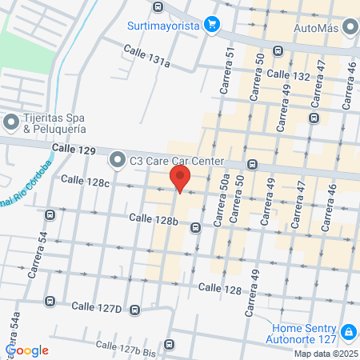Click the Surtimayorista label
tap(162, 24)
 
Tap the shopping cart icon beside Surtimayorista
tap(212, 24)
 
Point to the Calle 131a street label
tap(146, 56)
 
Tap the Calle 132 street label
tap(289, 74)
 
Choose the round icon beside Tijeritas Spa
tap(10, 122)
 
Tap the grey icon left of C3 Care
tap(118, 160)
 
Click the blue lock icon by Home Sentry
tap(348, 331)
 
